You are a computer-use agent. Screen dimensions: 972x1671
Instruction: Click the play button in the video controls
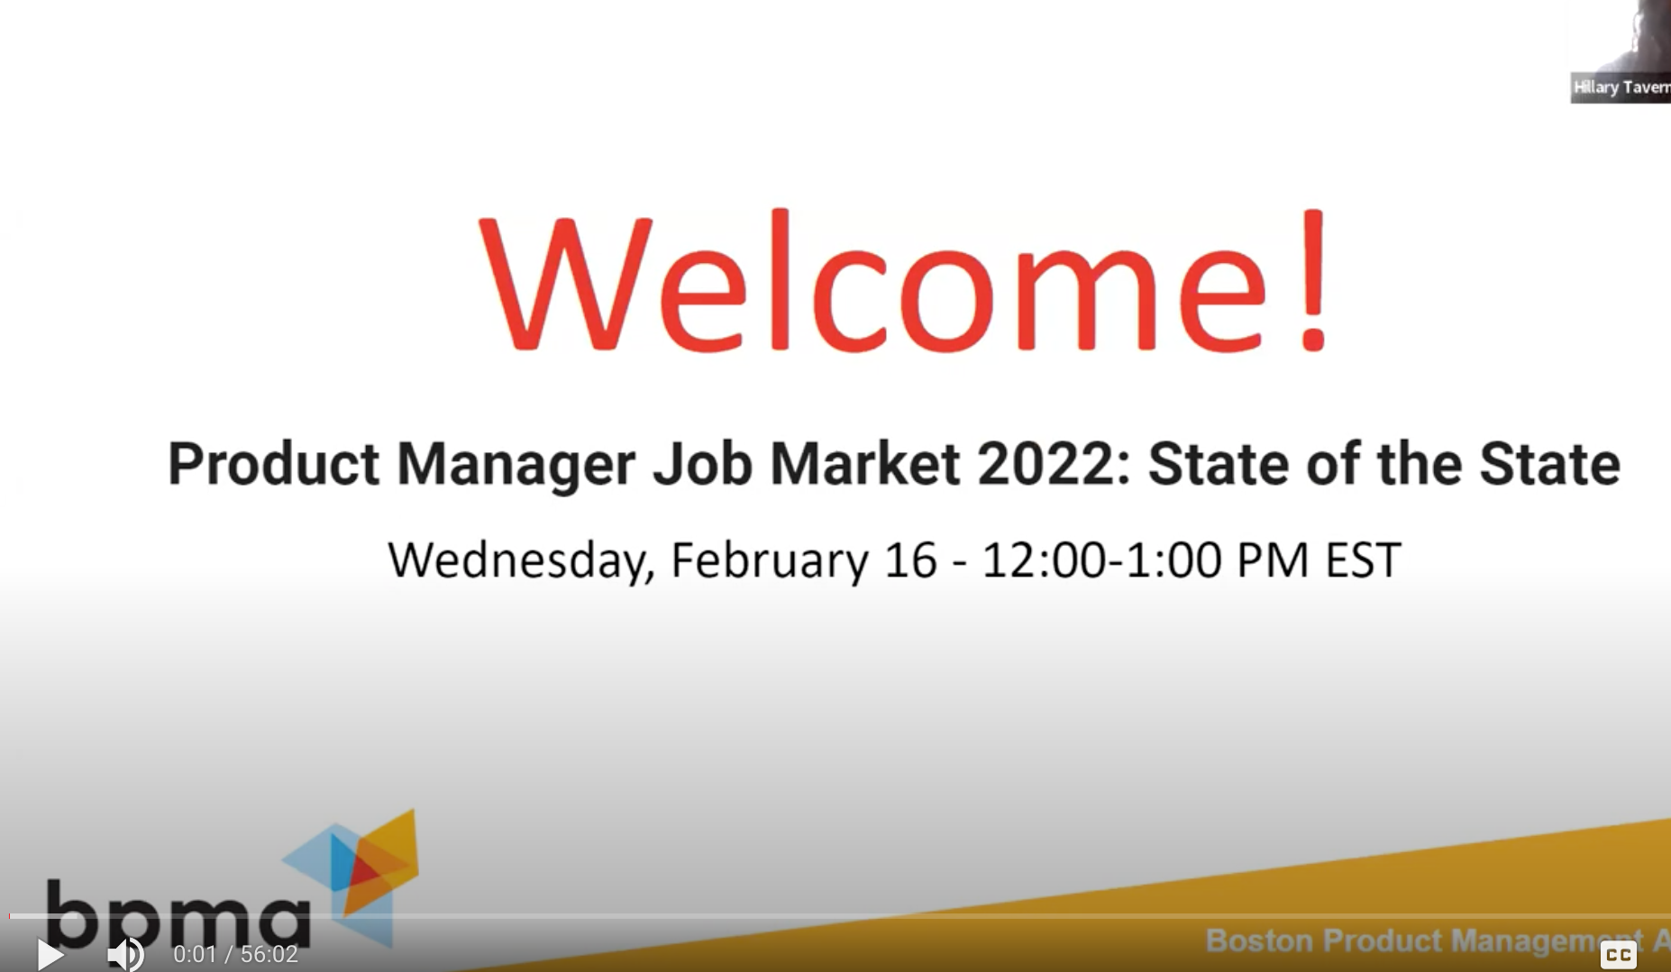[50, 954]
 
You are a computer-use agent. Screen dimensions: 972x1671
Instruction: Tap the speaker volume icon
[125, 954]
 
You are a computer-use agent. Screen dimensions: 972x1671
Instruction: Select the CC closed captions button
[1618, 954]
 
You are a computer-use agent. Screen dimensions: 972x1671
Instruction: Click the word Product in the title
[273, 465]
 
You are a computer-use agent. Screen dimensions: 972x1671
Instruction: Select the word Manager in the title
[516, 465]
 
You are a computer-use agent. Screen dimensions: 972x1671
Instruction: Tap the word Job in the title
[702, 465]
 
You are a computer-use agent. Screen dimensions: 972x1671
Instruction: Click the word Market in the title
[864, 465]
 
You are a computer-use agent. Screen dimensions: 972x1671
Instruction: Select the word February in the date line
[769, 560]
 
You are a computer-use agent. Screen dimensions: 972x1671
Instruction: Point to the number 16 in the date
[910, 560]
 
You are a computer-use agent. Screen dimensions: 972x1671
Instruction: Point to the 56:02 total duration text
[269, 954]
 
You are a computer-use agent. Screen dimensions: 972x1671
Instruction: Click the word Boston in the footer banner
[1259, 940]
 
